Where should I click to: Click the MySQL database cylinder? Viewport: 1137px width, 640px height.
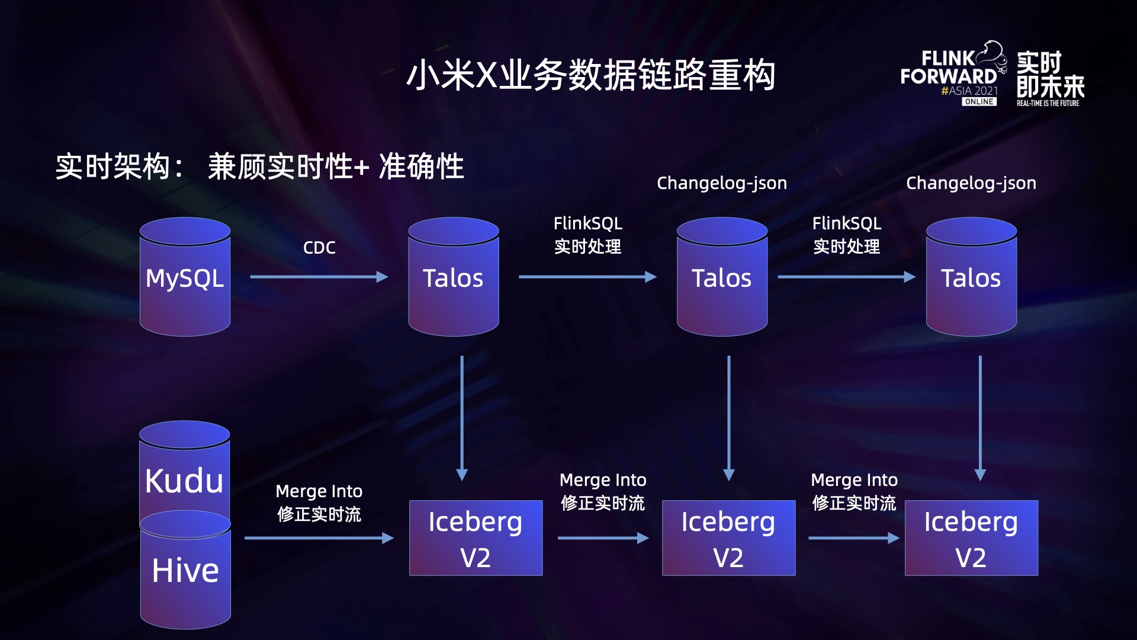185,277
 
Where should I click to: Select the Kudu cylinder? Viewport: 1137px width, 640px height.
184,474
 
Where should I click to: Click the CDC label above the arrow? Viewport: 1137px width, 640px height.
319,248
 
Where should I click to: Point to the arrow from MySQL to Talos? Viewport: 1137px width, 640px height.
319,277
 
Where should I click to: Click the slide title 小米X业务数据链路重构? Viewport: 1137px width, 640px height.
590,75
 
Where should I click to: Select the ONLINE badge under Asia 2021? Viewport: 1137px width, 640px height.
979,102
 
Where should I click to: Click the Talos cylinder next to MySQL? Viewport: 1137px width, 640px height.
453,277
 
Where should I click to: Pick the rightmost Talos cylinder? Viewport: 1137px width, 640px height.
971,277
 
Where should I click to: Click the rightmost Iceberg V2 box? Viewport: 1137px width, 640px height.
971,538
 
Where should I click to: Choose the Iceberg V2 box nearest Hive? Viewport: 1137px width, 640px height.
476,538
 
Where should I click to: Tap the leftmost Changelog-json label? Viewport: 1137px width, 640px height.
722,183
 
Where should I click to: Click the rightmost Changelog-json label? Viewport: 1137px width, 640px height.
971,183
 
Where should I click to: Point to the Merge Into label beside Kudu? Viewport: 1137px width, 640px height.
319,491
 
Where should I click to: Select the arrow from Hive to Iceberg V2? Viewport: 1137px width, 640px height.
319,538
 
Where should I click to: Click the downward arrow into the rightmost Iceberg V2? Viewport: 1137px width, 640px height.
980,418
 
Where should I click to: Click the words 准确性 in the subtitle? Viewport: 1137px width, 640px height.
421,167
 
